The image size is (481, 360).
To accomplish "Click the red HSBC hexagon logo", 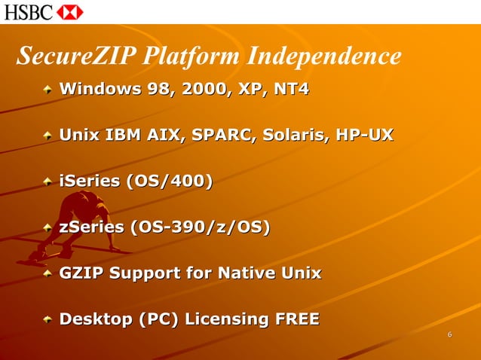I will click(x=70, y=12).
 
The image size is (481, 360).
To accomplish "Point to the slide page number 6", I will click(x=449, y=335).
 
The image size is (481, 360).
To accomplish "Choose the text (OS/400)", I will click(x=170, y=181).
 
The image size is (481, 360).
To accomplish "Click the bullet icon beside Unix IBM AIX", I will click(x=48, y=136).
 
